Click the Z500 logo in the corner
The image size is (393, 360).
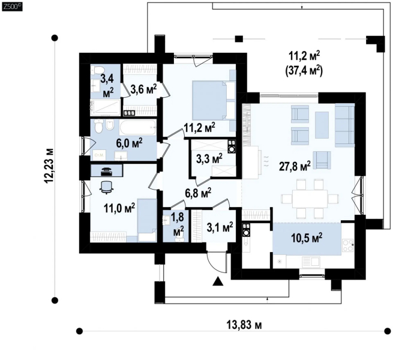(12, 7)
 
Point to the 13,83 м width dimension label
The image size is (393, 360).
(244, 325)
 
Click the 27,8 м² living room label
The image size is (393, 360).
(295, 166)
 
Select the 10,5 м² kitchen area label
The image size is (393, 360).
(307, 238)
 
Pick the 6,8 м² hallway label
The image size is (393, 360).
(197, 193)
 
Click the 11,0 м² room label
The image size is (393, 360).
(119, 208)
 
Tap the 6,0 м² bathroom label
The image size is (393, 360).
(130, 143)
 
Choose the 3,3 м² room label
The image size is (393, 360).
(209, 158)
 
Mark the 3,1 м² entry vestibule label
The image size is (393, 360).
(220, 227)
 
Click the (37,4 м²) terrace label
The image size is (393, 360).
(304, 71)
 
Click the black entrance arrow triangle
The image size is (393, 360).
(218, 281)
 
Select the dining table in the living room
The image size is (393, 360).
(310, 199)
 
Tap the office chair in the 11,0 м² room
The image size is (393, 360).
(106, 187)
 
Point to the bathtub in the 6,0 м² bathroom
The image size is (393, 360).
(138, 128)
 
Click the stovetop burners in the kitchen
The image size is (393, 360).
(348, 245)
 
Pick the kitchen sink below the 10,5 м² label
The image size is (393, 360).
(311, 262)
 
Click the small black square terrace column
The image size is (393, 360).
(239, 39)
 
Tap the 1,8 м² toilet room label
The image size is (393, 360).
(178, 224)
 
